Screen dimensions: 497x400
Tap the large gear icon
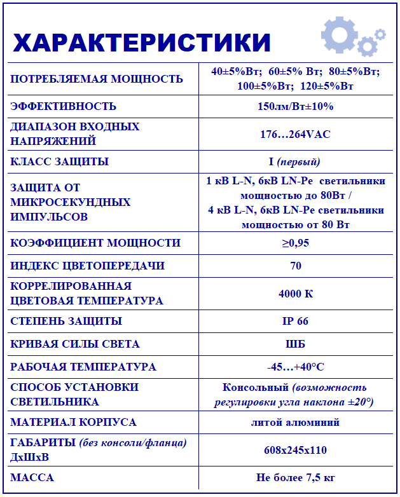(x=339, y=34)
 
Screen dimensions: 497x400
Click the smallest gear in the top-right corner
(x=380, y=34)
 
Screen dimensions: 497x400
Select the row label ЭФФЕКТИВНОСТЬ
(x=64, y=106)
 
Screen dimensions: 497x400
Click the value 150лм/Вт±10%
(x=296, y=106)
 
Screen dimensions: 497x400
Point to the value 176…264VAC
(x=296, y=134)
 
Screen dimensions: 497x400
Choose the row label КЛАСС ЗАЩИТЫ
(x=60, y=161)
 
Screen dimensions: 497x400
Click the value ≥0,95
(x=296, y=243)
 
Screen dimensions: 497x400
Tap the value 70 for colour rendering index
(x=296, y=266)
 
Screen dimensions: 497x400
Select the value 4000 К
(x=296, y=294)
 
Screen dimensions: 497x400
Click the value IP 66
(x=296, y=321)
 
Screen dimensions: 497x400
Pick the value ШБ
(x=296, y=344)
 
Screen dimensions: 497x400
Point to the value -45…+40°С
(x=296, y=367)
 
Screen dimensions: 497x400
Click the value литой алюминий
(x=296, y=422)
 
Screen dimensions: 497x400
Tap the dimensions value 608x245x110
(x=296, y=450)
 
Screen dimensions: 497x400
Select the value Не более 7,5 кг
(x=296, y=477)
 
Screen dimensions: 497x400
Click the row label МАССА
(x=32, y=477)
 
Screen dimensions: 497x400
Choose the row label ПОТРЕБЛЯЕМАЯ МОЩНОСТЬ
(x=97, y=79)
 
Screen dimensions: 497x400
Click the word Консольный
(x=256, y=387)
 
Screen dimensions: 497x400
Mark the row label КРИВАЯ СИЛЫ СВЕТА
(x=75, y=344)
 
